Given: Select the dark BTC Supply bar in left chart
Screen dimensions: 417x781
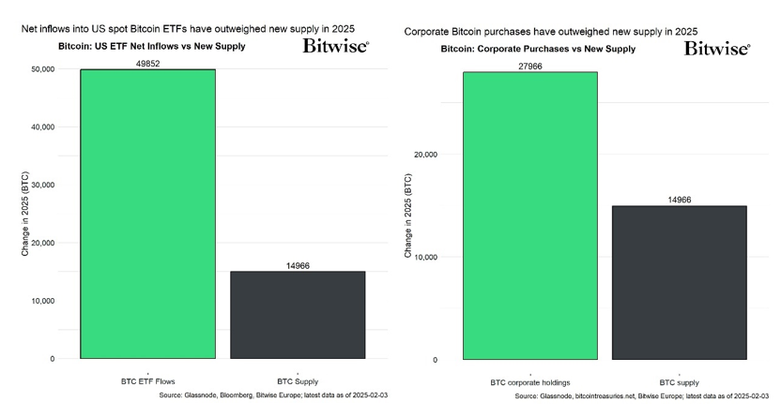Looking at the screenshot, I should [x=298, y=315].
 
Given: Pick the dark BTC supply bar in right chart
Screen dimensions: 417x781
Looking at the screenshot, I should [x=679, y=282].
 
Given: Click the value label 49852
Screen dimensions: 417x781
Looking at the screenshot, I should [x=148, y=63].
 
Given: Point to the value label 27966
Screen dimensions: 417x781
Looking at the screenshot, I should [x=529, y=66].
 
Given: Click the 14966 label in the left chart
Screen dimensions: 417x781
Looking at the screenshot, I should [x=298, y=265].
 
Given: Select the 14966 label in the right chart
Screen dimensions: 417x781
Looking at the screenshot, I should [x=679, y=200].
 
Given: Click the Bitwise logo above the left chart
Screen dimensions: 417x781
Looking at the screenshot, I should [x=335, y=46].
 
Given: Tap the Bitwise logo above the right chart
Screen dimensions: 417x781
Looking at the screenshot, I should [x=716, y=48].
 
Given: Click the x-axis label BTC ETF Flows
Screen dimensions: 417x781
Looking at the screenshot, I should [x=148, y=381].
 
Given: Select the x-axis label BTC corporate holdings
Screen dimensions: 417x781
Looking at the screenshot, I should [x=529, y=382].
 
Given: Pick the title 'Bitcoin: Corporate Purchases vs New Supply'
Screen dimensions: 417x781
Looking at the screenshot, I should [x=538, y=49].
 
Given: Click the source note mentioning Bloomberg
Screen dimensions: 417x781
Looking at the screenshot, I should [x=274, y=395].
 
